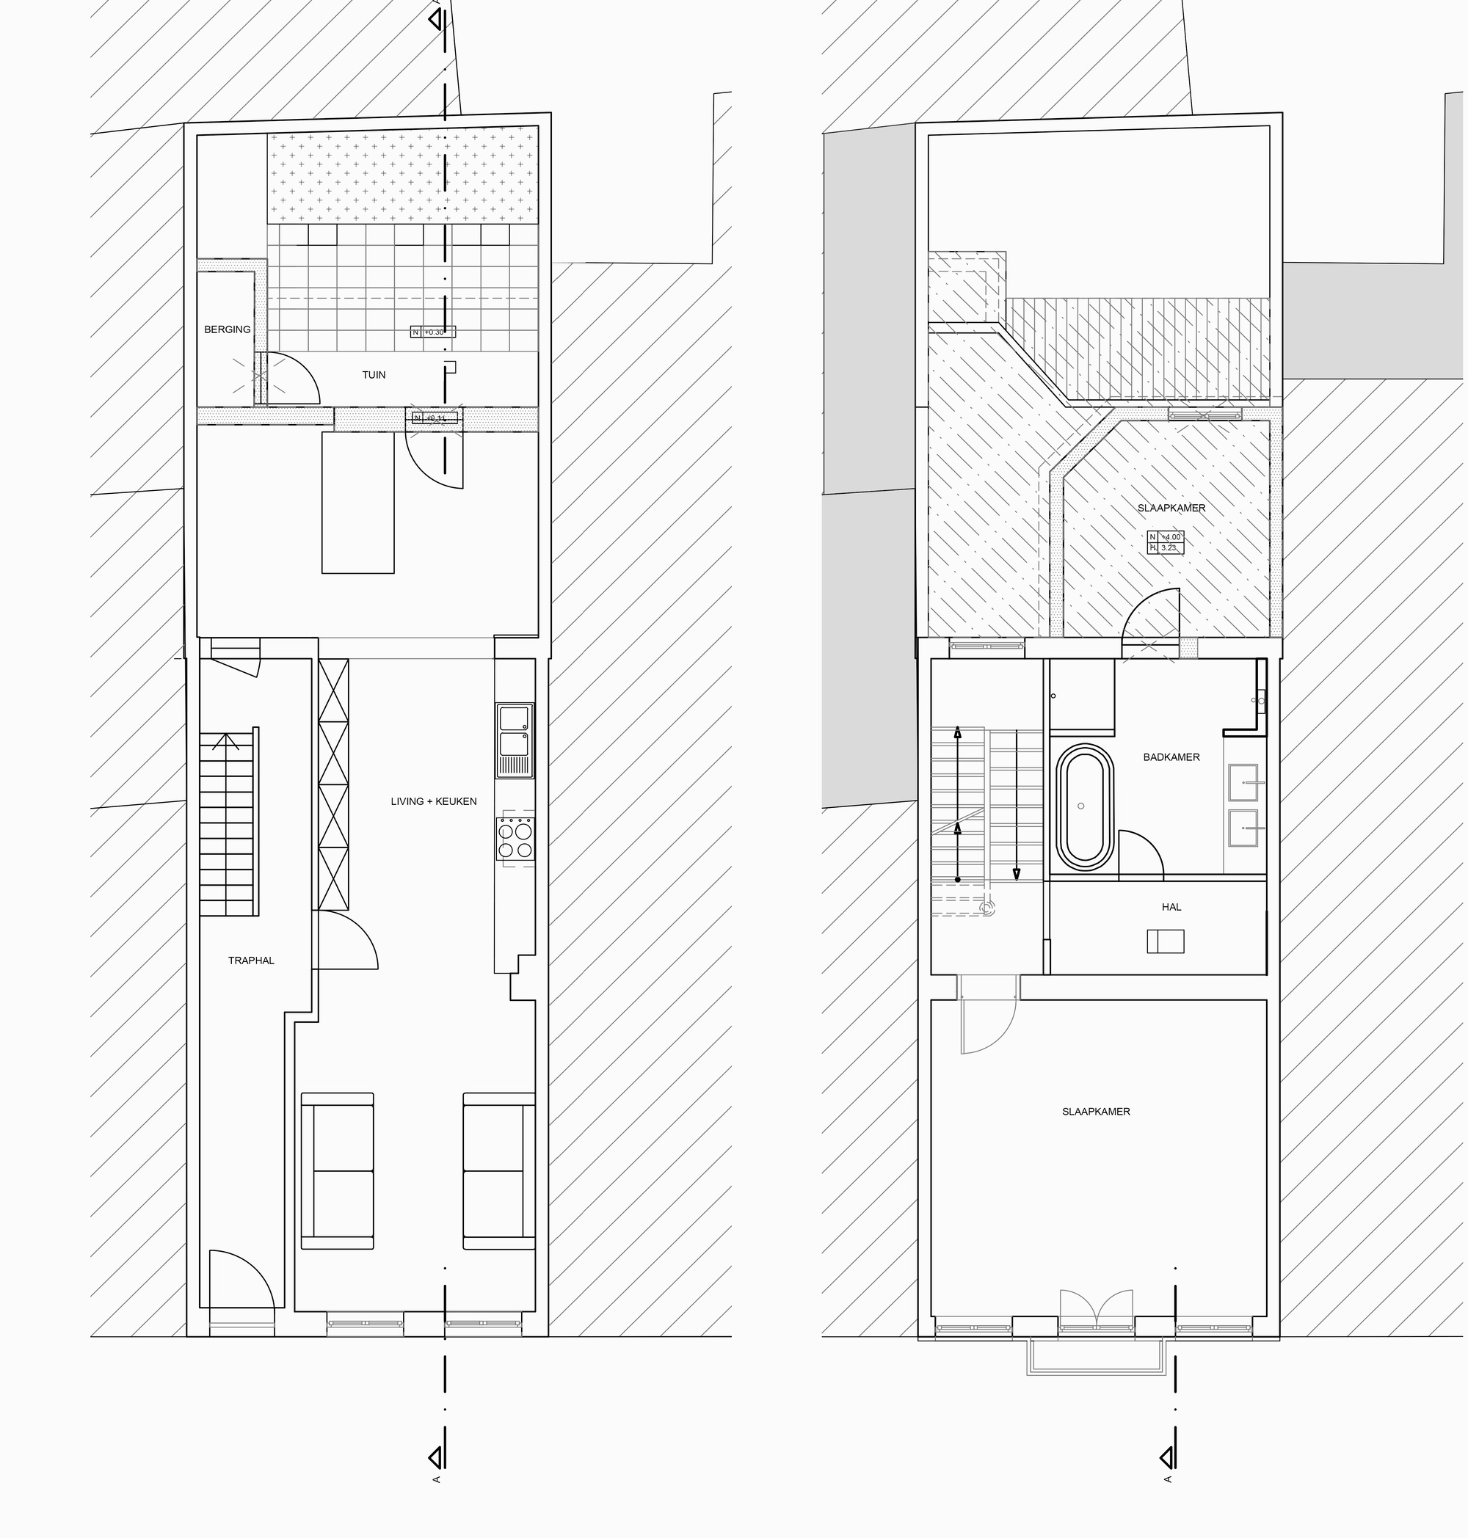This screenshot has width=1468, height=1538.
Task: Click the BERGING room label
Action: pos(227,329)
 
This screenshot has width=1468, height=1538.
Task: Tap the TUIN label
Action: pos(374,375)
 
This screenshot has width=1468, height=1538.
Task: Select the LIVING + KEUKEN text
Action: pos(434,801)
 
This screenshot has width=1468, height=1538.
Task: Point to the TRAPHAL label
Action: pos(251,961)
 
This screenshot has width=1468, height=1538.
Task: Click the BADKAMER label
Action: pos(1171,757)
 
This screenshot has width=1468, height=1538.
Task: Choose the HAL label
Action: pos(1171,907)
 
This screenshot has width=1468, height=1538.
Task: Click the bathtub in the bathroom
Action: pos(1082,808)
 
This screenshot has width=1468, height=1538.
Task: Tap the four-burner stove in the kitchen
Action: pos(515,839)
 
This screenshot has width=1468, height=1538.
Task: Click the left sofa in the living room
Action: pos(337,1170)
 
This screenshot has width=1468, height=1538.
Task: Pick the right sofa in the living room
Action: pos(498,1170)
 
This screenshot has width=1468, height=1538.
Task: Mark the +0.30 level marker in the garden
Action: pos(433,332)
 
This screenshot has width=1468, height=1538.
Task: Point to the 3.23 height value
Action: pos(1168,548)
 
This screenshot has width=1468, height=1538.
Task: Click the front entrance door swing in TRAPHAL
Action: pos(239,1283)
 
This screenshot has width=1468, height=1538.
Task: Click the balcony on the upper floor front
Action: pos(1096,1357)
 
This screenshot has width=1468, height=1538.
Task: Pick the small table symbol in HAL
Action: pos(1165,941)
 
